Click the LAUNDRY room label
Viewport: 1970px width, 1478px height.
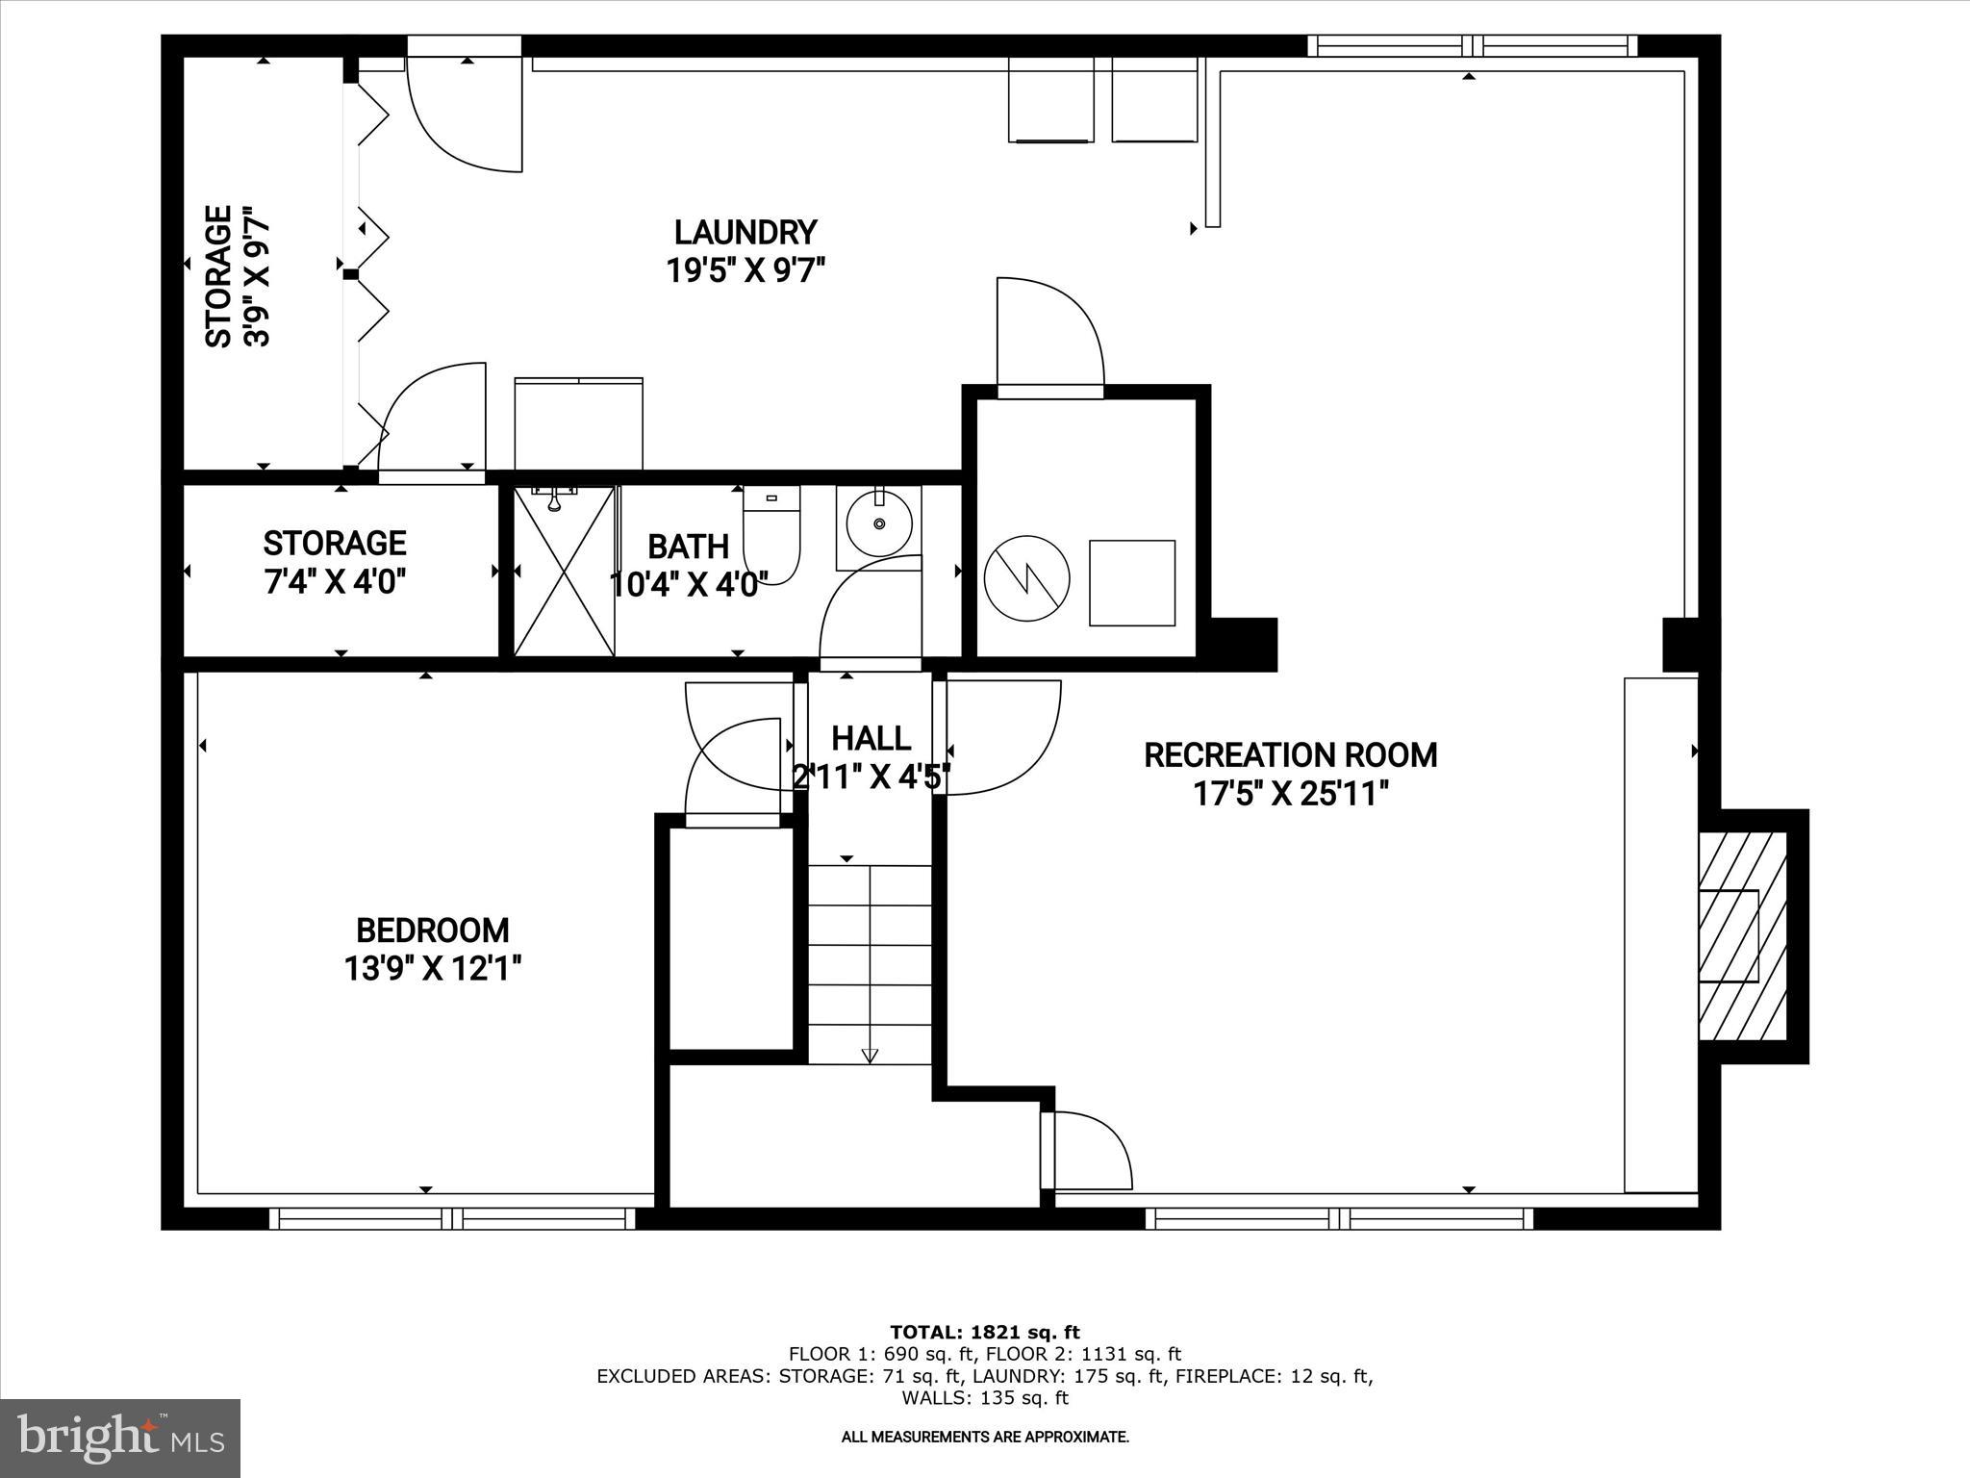tap(745, 233)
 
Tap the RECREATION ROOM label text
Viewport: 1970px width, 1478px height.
tap(1290, 755)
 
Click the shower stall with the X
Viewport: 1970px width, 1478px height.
tap(564, 573)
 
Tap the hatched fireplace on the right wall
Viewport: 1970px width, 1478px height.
tap(1742, 936)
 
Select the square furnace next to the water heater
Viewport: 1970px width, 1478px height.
tap(1132, 583)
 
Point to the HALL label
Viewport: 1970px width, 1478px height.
tap(871, 739)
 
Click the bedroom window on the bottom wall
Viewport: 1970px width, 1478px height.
tap(452, 1219)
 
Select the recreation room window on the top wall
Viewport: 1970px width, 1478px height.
tap(1472, 45)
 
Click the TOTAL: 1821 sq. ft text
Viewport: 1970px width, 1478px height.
tap(985, 1333)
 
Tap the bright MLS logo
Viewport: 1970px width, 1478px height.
tap(120, 1438)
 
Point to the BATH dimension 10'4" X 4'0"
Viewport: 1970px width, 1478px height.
tap(689, 585)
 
